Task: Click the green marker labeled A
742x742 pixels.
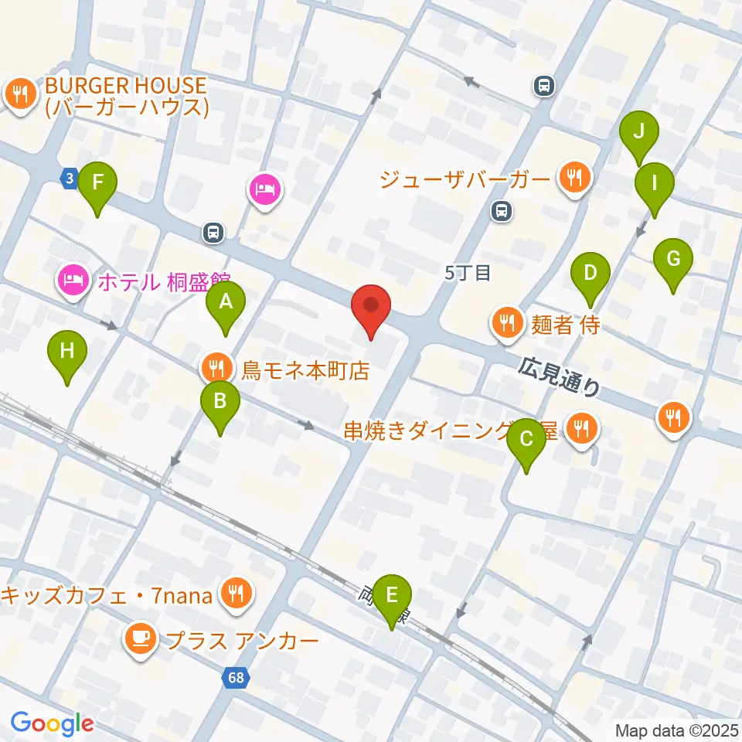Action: tap(225, 302)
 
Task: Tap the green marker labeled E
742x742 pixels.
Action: tap(392, 596)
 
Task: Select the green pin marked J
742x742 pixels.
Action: tap(638, 131)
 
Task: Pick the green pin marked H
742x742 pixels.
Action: tap(67, 352)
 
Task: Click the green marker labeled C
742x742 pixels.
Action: tap(526, 440)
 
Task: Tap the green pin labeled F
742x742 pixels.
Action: tap(97, 184)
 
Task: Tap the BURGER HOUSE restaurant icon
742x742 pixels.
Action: tap(18, 95)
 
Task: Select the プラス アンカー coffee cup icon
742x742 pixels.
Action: tap(139, 638)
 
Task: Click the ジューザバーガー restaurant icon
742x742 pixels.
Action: tap(574, 179)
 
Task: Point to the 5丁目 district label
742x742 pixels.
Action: tap(468, 273)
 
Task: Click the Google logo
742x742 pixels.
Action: tap(53, 723)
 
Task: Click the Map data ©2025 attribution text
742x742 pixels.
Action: tap(676, 730)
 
